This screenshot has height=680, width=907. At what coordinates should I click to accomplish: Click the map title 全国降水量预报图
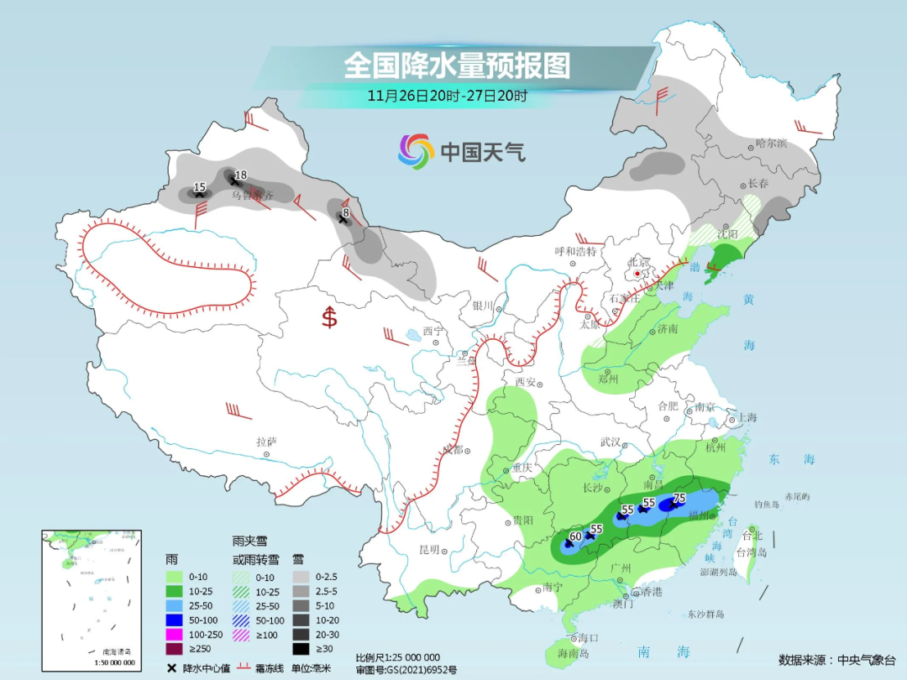(x=457, y=65)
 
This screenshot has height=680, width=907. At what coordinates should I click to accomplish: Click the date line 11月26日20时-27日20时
(x=447, y=96)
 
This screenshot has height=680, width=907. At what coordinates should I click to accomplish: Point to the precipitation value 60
(x=575, y=536)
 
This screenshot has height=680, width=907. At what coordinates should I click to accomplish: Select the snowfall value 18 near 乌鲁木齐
(x=240, y=175)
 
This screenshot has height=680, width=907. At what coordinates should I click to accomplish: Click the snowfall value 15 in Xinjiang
(x=199, y=186)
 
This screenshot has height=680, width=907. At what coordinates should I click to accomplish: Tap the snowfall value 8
(x=345, y=214)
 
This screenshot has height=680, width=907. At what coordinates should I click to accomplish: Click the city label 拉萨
(x=266, y=442)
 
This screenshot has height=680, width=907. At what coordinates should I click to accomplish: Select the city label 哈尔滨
(x=770, y=144)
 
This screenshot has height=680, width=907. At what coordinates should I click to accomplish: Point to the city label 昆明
(x=428, y=550)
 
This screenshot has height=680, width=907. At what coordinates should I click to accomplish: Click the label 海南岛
(x=574, y=652)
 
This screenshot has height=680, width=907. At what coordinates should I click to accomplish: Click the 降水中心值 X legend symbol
(x=171, y=668)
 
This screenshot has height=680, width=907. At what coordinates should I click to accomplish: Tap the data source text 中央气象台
(x=866, y=660)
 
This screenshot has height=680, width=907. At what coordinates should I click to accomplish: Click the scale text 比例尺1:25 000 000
(x=397, y=656)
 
